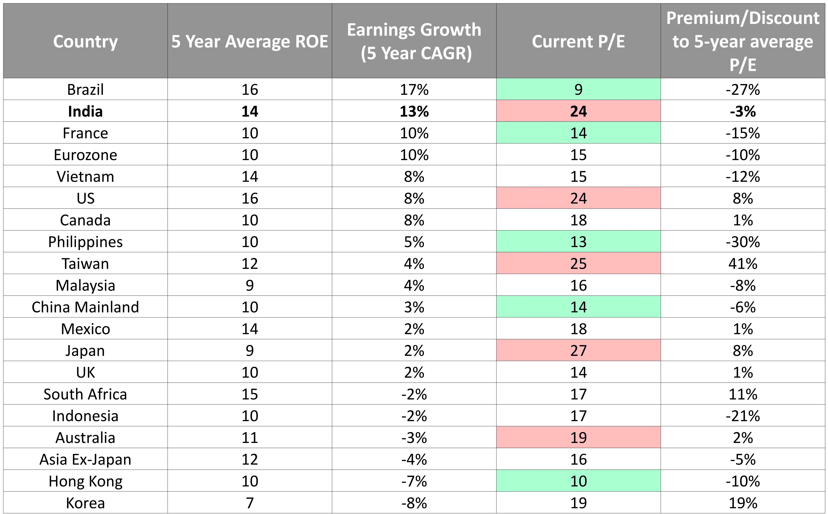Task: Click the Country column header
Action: (85, 41)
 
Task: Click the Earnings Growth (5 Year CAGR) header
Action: (414, 41)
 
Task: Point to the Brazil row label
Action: (85, 89)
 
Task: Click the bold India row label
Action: (85, 111)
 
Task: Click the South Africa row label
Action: (85, 394)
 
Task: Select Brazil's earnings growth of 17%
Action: (414, 89)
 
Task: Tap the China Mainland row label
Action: (85, 307)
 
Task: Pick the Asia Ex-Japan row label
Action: (85, 459)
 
